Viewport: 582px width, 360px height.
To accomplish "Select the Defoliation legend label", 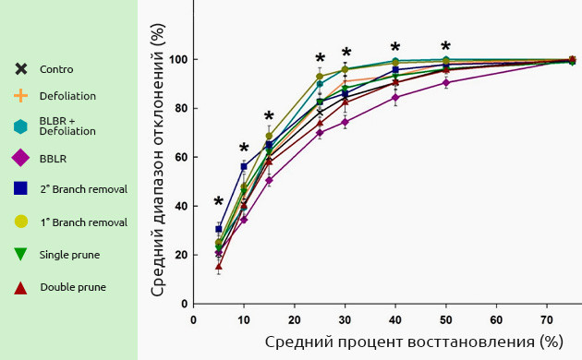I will click(x=67, y=95).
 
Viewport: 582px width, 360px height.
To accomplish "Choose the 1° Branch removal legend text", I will click(x=83, y=222).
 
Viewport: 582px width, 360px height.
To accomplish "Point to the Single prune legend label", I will click(x=70, y=254).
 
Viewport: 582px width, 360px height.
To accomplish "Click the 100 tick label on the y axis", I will click(x=178, y=60).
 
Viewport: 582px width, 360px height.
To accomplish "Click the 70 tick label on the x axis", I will click(x=547, y=319).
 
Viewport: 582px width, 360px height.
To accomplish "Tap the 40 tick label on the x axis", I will click(x=395, y=319).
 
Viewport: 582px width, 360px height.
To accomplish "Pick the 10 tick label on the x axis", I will click(x=244, y=319).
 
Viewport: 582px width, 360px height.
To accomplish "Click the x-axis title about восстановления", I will click(x=414, y=342).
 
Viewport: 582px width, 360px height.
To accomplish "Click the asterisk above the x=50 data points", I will click(x=445, y=46).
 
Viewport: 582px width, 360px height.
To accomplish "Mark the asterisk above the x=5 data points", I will click(x=219, y=202).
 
